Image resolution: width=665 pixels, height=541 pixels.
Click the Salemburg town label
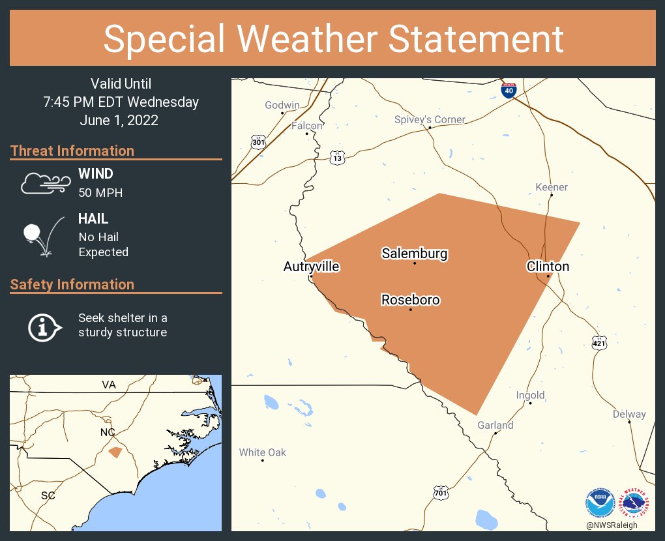pos(415,254)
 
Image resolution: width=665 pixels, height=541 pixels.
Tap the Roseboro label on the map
pos(410,300)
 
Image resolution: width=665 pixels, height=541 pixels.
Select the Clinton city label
pos(548,266)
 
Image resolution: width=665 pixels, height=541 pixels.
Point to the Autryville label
pos(312,266)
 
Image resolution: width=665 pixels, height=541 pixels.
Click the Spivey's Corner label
pos(430,119)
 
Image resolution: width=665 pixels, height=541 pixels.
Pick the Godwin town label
pos(282,105)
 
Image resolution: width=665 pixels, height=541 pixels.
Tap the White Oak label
pos(262,452)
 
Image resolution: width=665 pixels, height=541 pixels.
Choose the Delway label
pos(629,414)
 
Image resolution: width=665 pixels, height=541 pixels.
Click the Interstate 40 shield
pos(509,90)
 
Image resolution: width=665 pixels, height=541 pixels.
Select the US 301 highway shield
pos(259,142)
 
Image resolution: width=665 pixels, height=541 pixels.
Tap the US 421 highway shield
pos(599,342)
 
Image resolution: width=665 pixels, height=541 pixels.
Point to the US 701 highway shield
pos(441,493)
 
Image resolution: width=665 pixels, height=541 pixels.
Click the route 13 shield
pos(336,158)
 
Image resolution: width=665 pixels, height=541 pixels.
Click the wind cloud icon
pos(44,183)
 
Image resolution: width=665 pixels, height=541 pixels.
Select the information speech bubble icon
pos(44,326)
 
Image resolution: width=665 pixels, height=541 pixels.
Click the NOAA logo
pos(600,503)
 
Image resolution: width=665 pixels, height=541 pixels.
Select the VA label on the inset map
pos(109,385)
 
